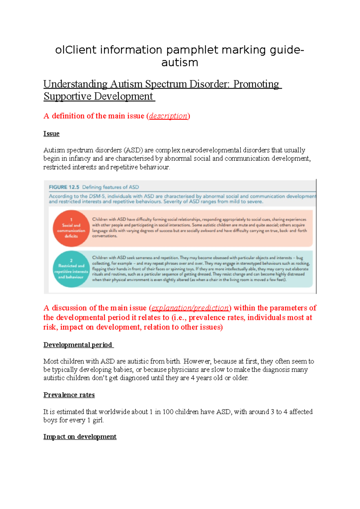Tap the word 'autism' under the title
coord(180,62)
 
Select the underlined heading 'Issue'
coord(51,134)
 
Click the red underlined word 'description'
coord(168,116)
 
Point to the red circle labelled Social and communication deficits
coord(71,228)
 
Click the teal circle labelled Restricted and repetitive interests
coord(71,269)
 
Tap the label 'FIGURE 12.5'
coord(64,187)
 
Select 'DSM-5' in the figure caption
coord(97,196)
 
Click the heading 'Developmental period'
coord(78,345)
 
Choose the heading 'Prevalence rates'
coord(69,395)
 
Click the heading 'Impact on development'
coord(80,437)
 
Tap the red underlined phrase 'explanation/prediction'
coord(190,308)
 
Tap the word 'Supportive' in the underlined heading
coord(68,96)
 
